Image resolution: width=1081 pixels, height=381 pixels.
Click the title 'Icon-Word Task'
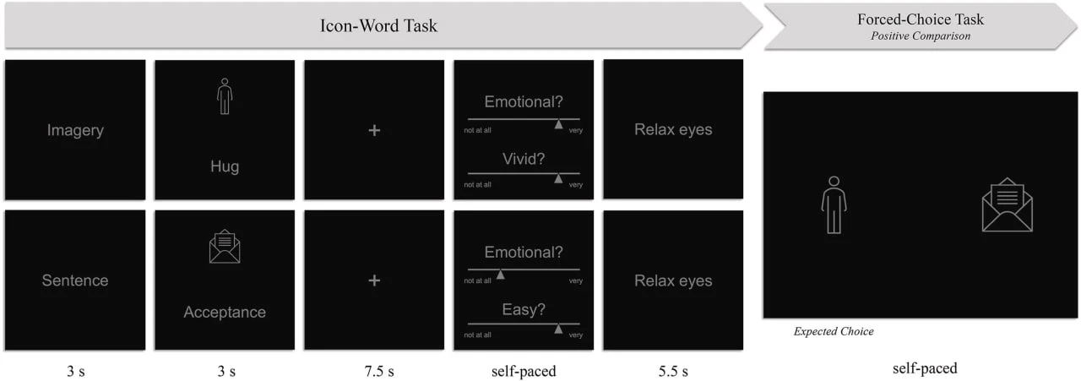point(378,25)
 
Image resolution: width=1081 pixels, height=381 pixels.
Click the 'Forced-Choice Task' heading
point(920,19)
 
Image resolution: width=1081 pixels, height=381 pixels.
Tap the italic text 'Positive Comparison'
point(920,36)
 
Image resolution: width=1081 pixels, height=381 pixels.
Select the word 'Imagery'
point(75,130)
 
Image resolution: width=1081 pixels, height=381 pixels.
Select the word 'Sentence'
point(75,280)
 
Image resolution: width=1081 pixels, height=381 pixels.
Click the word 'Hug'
point(225,166)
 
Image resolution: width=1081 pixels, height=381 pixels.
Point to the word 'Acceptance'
point(225,312)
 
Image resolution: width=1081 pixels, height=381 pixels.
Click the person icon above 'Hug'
point(225,96)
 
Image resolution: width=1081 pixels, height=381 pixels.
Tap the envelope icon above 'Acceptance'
point(225,247)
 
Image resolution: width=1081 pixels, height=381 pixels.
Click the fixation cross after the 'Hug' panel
point(374,130)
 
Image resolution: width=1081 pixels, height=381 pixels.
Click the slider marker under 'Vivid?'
point(558,178)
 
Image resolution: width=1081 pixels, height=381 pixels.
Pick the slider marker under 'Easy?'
point(558,329)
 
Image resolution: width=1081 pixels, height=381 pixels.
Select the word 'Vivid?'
point(524,159)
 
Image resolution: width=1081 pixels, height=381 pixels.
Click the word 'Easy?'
point(524,309)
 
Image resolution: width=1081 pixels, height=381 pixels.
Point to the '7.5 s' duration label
point(379,372)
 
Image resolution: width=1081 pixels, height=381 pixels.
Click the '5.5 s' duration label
point(673,372)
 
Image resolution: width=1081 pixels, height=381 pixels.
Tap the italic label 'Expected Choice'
point(834,332)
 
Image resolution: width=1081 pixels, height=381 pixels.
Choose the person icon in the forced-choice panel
point(834,205)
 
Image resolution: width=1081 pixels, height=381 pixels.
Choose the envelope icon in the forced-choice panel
point(1008,204)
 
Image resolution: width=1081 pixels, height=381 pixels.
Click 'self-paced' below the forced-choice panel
point(925,368)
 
